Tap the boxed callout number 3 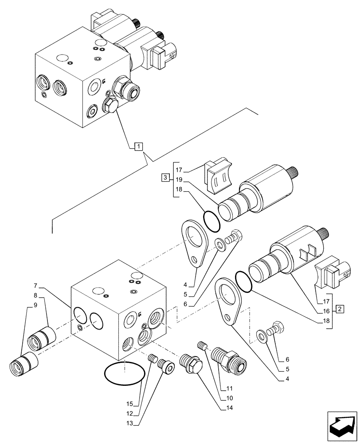coord(165,178)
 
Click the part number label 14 coord(230,407)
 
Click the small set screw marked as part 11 coord(202,344)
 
